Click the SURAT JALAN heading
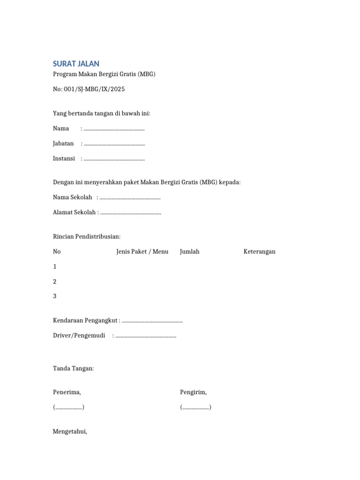point(76,64)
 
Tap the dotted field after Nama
point(113,128)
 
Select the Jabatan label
point(63,143)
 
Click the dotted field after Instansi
point(114,158)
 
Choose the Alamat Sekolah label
point(75,212)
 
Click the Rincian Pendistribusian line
point(87,236)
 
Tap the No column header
point(57,252)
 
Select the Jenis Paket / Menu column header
point(142,252)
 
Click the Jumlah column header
point(189,252)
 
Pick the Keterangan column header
point(259,252)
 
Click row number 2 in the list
point(55,282)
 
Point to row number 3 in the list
point(55,296)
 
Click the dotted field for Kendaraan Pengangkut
point(152,321)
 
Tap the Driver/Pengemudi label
point(79,336)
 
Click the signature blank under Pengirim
point(195,407)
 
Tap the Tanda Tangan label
point(74,368)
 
